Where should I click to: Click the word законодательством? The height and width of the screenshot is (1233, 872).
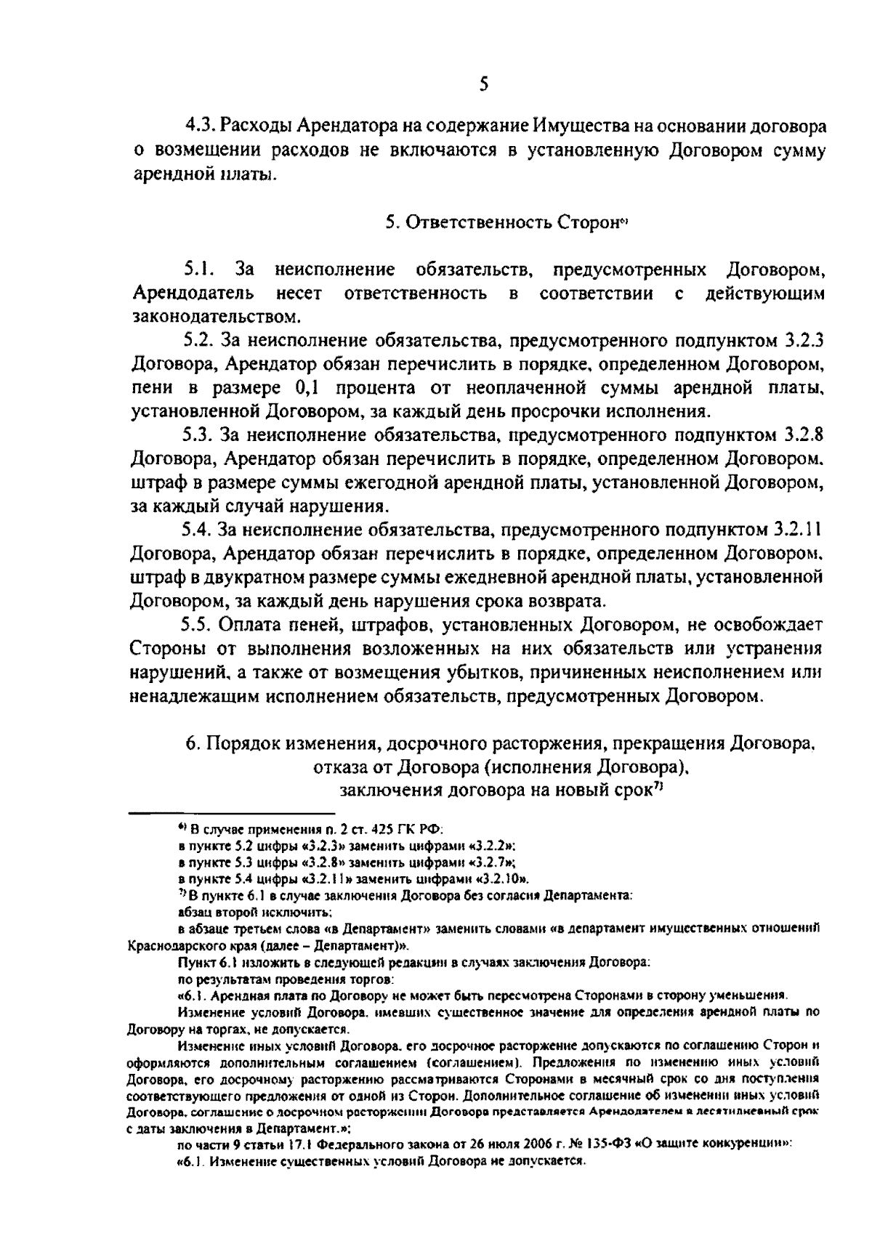[215, 316]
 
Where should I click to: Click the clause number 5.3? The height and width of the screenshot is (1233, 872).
[198, 434]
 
